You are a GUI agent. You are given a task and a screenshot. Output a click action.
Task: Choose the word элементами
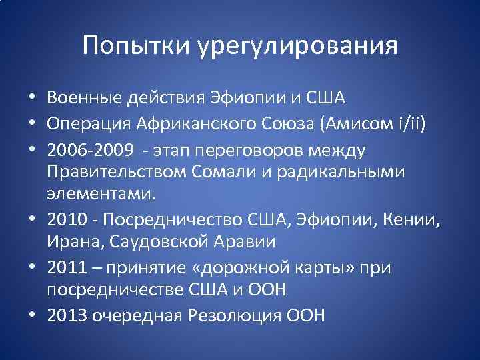(101, 194)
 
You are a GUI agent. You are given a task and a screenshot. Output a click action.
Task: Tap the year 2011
(67, 267)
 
